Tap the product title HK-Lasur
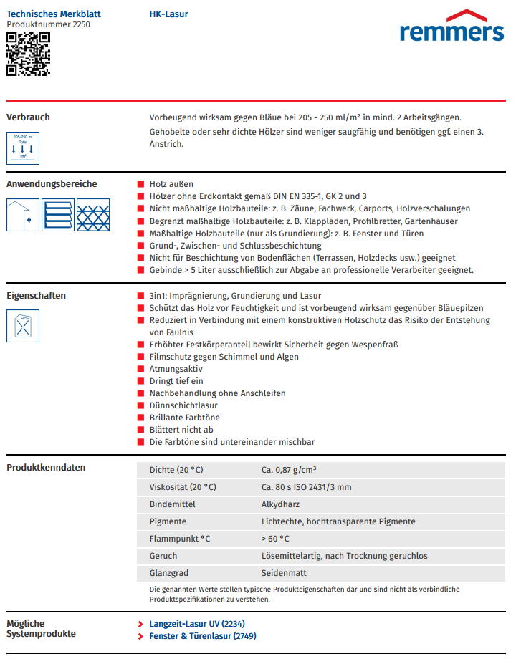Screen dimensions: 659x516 (x=169, y=14)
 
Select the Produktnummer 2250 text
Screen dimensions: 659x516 (x=48, y=24)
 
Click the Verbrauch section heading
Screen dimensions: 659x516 (x=28, y=117)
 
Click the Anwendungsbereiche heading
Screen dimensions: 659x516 (x=52, y=184)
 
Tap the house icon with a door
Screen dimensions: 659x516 (x=23, y=215)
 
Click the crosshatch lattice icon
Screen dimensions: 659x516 (x=93, y=215)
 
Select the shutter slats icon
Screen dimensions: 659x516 (x=58, y=215)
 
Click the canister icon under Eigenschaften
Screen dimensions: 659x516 (x=23, y=326)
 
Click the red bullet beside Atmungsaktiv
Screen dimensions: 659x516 (x=141, y=369)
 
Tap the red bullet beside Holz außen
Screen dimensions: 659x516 (x=141, y=185)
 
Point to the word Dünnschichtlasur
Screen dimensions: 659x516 (x=183, y=405)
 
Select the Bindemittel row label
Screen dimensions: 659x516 (x=172, y=504)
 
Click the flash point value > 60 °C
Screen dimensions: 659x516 (x=275, y=539)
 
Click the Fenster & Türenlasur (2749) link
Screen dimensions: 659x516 (x=202, y=636)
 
